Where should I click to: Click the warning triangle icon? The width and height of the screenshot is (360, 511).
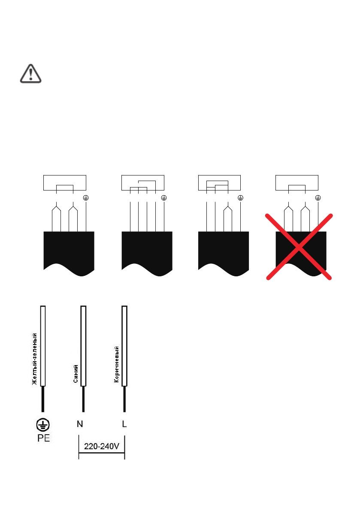pos(31,73)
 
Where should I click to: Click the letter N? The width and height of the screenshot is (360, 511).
pos(80,424)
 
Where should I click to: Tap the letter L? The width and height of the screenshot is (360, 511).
pos(124,424)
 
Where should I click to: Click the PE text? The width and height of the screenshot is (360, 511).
pos(43,438)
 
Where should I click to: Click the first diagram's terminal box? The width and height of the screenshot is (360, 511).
pos(65,183)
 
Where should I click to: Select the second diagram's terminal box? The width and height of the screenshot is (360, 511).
pos(142,183)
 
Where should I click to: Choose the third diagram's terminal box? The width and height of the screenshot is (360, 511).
pos(219,183)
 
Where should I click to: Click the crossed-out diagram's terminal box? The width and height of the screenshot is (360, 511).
pos(296,183)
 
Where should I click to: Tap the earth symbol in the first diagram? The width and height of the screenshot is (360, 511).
pos(86,198)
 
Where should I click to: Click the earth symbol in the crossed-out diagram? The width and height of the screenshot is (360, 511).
pos(318,198)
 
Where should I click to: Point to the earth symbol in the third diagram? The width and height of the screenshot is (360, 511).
pos(241,198)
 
